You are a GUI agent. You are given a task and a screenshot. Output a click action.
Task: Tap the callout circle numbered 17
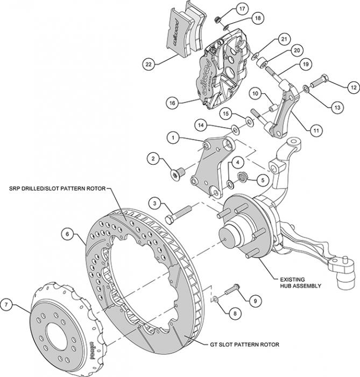coord(241,8)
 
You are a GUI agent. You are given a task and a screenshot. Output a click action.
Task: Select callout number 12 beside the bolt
coord(352,86)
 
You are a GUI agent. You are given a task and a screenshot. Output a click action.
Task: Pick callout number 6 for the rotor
coord(67,234)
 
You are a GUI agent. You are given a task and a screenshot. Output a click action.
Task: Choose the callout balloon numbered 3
coord(154,203)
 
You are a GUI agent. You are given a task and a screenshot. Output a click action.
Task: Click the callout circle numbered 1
coord(174,137)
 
